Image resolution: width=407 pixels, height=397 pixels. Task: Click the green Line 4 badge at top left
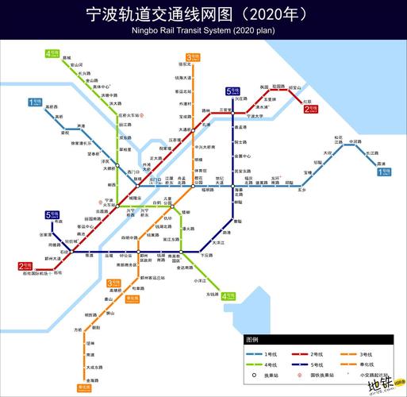point(52,54)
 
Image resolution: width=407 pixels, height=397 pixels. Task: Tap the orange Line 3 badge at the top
point(191,57)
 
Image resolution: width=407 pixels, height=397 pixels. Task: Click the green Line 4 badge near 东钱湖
point(228,296)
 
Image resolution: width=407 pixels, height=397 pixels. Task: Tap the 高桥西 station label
point(52,106)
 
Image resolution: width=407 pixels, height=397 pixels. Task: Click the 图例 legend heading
point(252,339)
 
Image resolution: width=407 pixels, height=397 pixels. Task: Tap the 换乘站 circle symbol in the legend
point(255,374)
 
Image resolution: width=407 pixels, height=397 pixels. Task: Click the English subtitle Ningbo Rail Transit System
point(203,31)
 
